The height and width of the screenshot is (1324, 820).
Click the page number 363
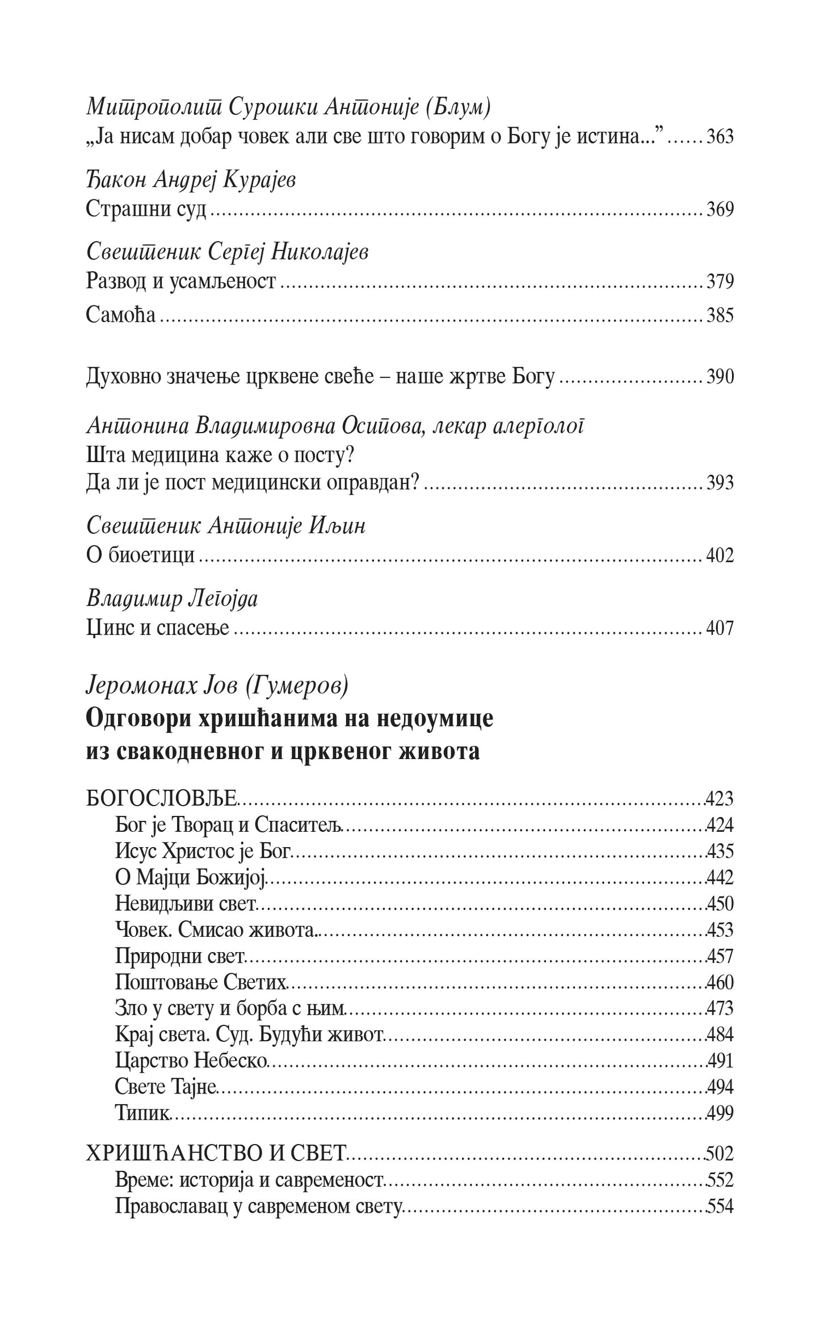[x=720, y=137]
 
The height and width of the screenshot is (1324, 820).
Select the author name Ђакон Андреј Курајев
[x=191, y=181]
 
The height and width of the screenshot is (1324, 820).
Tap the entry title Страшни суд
[x=146, y=210]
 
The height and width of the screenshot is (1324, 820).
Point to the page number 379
[x=720, y=282]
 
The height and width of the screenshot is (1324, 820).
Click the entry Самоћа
[x=120, y=315]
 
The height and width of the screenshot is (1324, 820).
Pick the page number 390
[x=720, y=377]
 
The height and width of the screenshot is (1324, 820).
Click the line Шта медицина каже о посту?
[x=224, y=455]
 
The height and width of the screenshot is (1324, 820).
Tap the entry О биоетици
[x=140, y=555]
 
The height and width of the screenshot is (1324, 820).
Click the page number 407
[x=720, y=628]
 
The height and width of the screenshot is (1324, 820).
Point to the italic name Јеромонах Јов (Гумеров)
[x=217, y=687]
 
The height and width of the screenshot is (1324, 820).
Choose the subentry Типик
[x=142, y=1113]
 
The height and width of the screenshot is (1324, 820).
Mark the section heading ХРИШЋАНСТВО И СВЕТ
[x=215, y=1154]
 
